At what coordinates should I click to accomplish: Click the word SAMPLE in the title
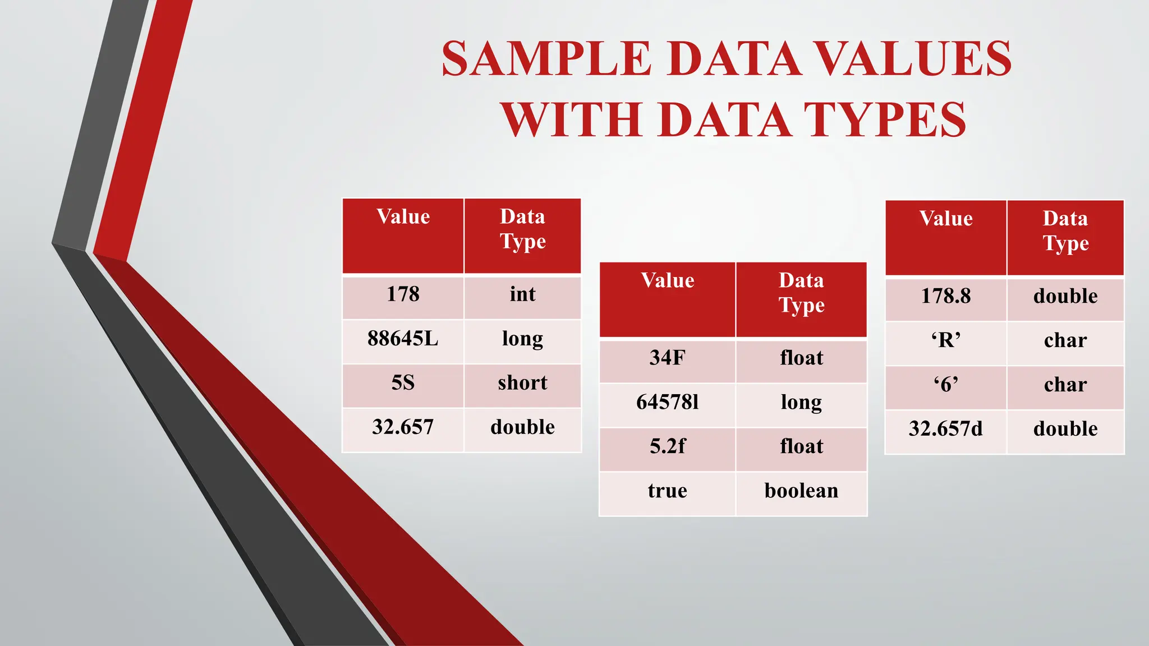coord(546,59)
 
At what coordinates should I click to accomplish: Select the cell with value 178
coord(403,294)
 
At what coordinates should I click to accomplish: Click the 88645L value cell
coord(403,339)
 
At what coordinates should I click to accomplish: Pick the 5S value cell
coord(403,383)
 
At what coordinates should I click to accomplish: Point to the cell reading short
coord(522,383)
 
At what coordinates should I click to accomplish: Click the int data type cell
coord(522,294)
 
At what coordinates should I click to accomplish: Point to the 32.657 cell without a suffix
coord(403,427)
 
